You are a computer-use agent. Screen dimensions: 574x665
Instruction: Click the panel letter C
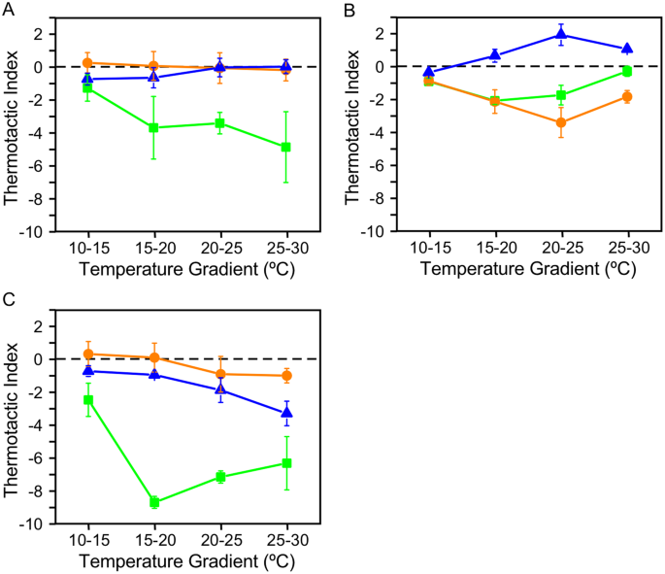coord(9,301)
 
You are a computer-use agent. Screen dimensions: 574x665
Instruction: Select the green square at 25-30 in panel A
coord(286,147)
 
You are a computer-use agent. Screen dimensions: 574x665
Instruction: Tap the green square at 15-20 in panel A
coord(153,127)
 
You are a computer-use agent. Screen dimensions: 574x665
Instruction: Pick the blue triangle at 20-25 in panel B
coord(561,35)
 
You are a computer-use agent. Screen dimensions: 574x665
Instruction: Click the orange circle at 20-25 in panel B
coord(561,122)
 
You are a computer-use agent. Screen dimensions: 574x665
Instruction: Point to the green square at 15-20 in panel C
coord(153,502)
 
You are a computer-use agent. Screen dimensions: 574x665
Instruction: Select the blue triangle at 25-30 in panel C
coord(286,413)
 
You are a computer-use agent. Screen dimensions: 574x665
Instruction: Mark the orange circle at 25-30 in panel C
coord(286,376)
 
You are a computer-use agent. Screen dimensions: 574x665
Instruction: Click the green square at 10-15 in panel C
coord(87,400)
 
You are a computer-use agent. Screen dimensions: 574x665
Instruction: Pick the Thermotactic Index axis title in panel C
coord(13,424)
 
